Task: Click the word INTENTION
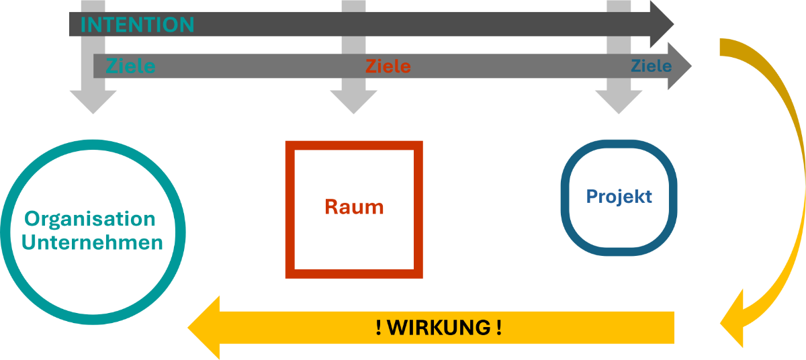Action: [x=137, y=25]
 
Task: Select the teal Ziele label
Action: [x=130, y=66]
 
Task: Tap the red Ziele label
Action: [x=388, y=66]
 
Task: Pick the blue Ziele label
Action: [x=651, y=66]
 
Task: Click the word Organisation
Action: [x=90, y=219]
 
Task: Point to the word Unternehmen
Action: [x=92, y=242]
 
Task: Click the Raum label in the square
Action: [x=354, y=207]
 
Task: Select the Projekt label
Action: [x=619, y=196]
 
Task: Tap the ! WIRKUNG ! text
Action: [x=439, y=328]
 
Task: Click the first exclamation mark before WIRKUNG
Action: [x=379, y=328]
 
